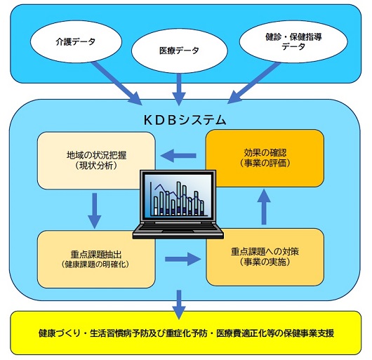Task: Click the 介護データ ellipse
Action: [x=76, y=41]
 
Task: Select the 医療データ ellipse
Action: [x=180, y=51]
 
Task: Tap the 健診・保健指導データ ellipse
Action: [x=293, y=41]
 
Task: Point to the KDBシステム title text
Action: [x=185, y=120]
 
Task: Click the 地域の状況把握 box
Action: [x=96, y=161]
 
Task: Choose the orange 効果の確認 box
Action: [x=265, y=158]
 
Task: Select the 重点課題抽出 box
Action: [x=96, y=260]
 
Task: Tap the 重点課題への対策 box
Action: [x=265, y=257]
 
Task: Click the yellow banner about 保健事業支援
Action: [x=186, y=333]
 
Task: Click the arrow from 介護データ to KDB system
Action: [x=117, y=83]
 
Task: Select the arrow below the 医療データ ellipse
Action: [x=179, y=89]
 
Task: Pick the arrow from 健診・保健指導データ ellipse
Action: [x=254, y=83]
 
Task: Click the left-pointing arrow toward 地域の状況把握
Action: [x=178, y=156]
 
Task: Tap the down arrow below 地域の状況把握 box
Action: [x=95, y=211]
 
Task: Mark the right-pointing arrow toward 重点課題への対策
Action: [x=182, y=259]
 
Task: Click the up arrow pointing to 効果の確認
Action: [x=264, y=206]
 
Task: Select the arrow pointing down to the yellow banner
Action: [x=179, y=305]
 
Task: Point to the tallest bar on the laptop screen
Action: [x=180, y=199]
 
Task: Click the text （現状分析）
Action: [x=96, y=166]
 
